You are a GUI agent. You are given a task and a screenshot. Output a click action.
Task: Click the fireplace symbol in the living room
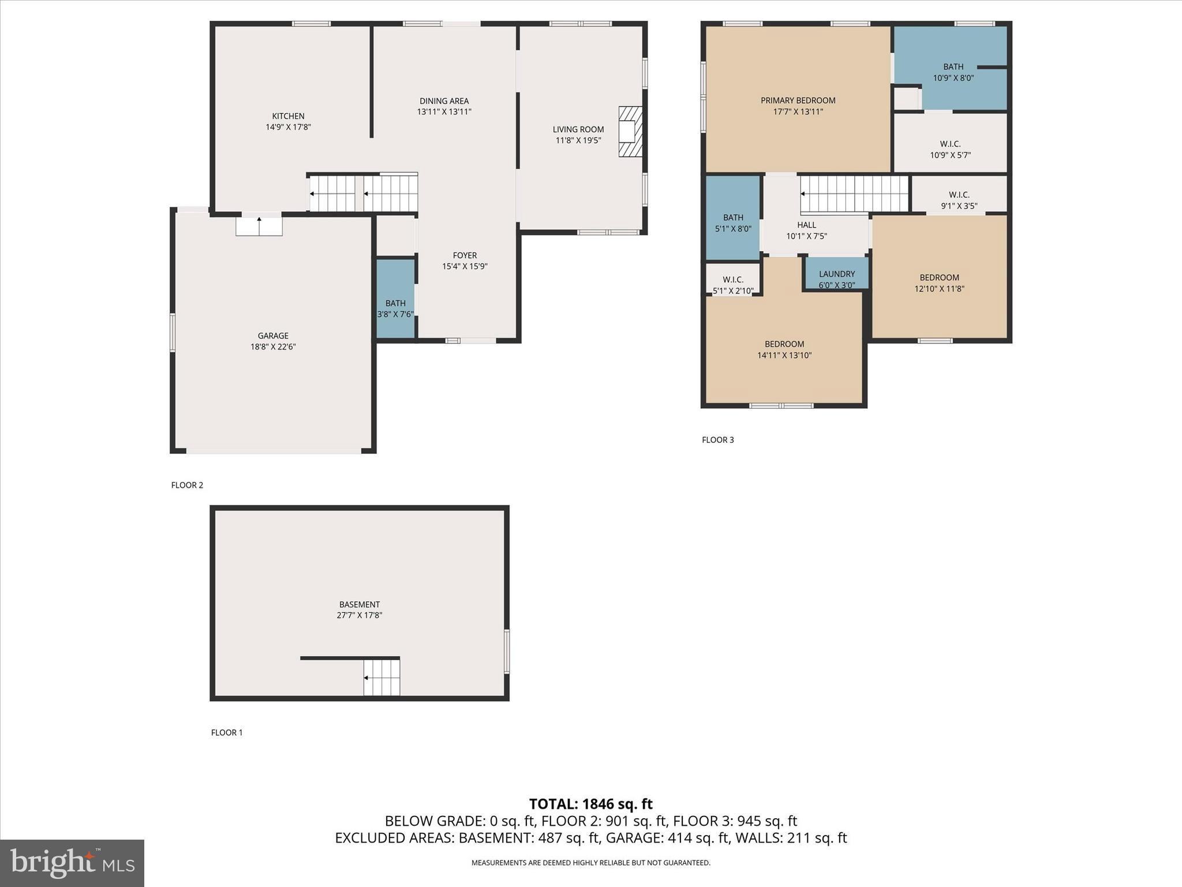(x=630, y=132)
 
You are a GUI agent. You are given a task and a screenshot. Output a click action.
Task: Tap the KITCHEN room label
(x=288, y=116)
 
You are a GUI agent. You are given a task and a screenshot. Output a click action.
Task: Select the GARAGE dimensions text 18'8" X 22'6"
(x=273, y=347)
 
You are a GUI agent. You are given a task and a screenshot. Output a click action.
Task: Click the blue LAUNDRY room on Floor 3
(x=836, y=274)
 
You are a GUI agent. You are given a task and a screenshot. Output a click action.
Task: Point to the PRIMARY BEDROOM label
(x=798, y=100)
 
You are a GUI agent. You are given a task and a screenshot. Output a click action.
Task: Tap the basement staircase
(x=381, y=677)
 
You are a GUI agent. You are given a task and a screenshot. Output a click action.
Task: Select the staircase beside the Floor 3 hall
(x=854, y=194)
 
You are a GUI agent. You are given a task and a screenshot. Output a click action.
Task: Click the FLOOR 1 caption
(x=227, y=733)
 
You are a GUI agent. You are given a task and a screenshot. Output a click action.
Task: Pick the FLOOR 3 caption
(x=717, y=440)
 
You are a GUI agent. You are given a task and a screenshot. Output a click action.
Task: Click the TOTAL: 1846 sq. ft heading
(x=590, y=804)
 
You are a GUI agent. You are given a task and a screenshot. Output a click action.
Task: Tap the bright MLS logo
(x=72, y=863)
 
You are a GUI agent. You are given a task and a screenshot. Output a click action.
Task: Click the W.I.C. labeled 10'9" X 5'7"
(x=950, y=150)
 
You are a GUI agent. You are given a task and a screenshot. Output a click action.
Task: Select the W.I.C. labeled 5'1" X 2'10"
(x=733, y=285)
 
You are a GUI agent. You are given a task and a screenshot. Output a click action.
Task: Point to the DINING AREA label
(x=444, y=101)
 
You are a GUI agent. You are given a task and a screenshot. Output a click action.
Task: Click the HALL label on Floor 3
(x=806, y=225)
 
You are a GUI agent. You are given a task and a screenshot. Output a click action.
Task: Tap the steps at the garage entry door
(x=259, y=226)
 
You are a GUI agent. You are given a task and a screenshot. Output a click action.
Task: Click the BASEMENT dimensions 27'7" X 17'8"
(x=359, y=616)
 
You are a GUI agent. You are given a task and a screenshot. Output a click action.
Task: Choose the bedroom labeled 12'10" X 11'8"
(x=939, y=283)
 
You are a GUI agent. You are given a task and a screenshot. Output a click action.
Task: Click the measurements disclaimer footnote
(x=590, y=863)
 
